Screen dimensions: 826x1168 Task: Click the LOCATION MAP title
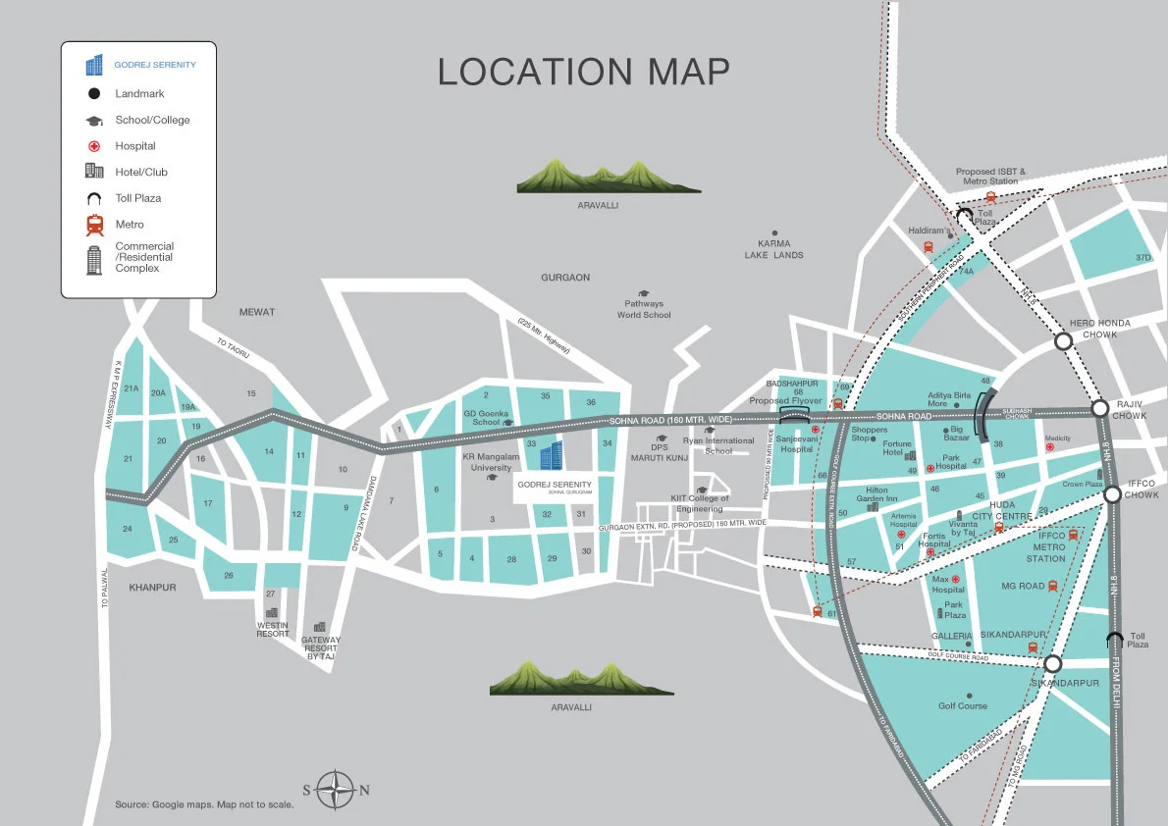coord(583,72)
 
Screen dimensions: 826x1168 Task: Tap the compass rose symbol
coord(336,789)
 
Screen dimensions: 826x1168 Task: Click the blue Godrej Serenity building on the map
coord(552,455)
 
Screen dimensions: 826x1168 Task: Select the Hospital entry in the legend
coord(135,146)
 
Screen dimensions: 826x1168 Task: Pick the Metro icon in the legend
coord(95,225)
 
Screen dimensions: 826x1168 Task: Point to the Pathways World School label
coord(644,309)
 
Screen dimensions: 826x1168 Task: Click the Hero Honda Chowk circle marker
coord(1063,341)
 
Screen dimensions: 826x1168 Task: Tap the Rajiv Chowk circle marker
coord(1100,407)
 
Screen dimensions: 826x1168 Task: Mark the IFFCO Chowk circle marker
coord(1112,494)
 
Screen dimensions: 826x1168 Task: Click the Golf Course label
coord(963,705)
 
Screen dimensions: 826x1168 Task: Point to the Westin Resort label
coord(273,629)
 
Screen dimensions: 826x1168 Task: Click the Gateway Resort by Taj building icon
coord(319,627)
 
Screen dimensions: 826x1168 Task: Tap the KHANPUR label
coord(152,587)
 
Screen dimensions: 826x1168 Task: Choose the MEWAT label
coord(257,312)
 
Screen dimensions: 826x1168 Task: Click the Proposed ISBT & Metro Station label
coord(990,177)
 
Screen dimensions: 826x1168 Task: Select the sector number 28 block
coord(511,559)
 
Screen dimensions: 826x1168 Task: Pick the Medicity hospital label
coord(1057,439)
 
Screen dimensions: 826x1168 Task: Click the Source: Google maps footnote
coord(204,804)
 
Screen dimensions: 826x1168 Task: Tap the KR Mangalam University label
coord(491,462)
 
